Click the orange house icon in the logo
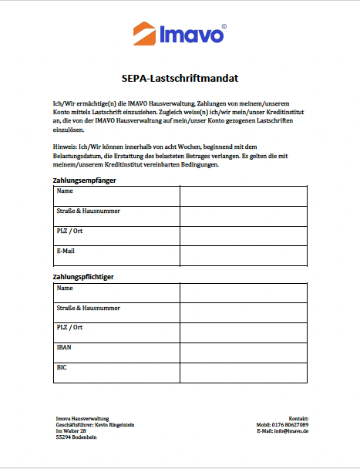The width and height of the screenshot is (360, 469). pyautogui.click(x=143, y=34)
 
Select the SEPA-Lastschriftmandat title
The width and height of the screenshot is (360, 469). pyautogui.click(x=180, y=78)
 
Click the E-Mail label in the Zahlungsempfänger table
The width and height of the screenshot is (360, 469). pyautogui.click(x=66, y=251)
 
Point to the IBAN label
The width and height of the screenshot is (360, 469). pyautogui.click(x=64, y=348)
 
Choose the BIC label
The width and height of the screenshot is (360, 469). pyautogui.click(x=62, y=367)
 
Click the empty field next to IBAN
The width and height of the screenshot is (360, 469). pyautogui.click(x=243, y=353)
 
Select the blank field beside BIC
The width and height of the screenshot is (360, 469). pyautogui.click(x=243, y=373)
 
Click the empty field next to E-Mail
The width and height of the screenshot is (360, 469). pyautogui.click(x=243, y=255)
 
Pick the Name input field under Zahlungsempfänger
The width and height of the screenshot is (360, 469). pyautogui.click(x=243, y=196)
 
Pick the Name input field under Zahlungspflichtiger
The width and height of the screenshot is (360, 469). pyautogui.click(x=243, y=293)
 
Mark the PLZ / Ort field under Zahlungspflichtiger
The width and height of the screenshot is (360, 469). pyautogui.click(x=243, y=332)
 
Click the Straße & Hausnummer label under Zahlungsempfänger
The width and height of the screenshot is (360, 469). pyautogui.click(x=88, y=211)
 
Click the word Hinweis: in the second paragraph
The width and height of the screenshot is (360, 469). pyautogui.click(x=65, y=144)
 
